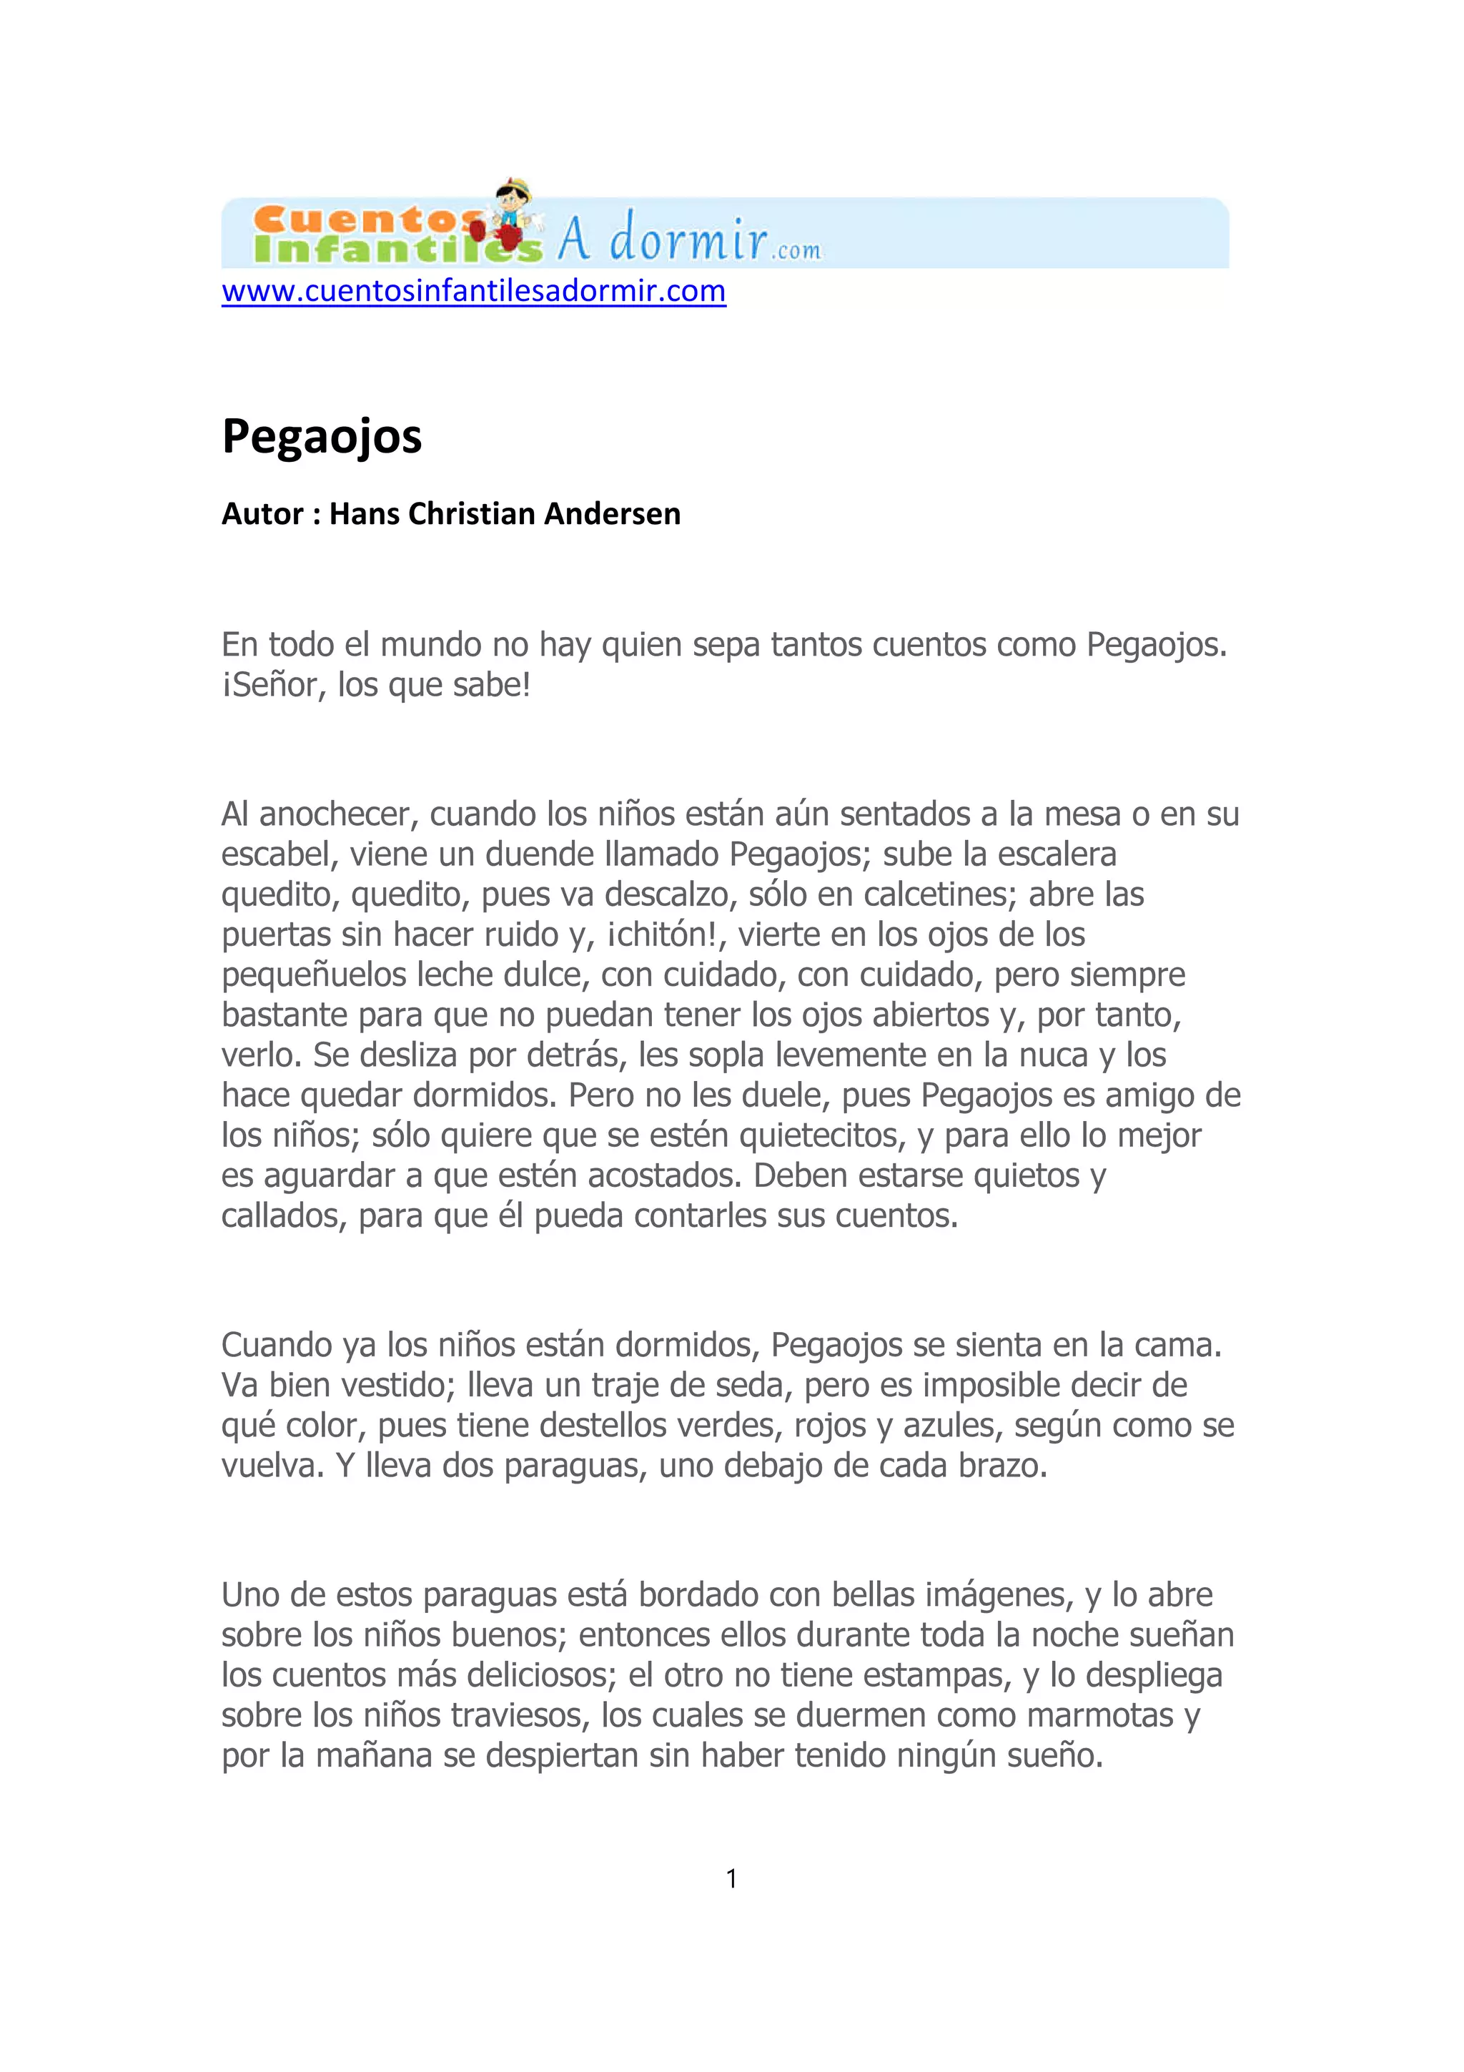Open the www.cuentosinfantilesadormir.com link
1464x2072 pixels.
[473, 292]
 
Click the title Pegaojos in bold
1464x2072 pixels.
[322, 437]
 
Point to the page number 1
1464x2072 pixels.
[731, 1879]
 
